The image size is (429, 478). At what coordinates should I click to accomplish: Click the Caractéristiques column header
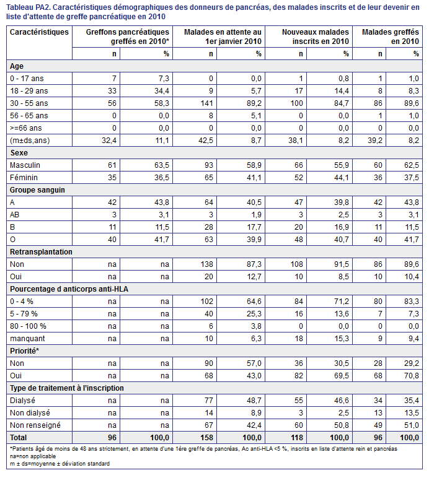tap(39, 32)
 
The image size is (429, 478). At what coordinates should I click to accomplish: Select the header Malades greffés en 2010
tap(390, 37)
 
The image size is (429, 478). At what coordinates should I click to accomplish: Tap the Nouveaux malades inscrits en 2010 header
tap(316, 37)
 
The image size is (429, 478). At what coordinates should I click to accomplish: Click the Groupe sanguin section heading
tap(37, 190)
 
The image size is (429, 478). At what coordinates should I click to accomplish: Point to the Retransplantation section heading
tap(41, 252)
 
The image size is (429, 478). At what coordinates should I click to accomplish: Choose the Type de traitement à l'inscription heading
tap(67, 388)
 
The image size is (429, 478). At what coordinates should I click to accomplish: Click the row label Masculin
tap(25, 165)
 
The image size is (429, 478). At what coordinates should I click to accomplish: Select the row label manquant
tap(27, 339)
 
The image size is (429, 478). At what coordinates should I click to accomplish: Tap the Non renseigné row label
tap(35, 425)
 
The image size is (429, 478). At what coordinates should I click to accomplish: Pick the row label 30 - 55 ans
tap(29, 103)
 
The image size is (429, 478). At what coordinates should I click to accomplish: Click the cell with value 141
tap(206, 103)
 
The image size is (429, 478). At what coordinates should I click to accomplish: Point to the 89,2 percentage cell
tap(254, 103)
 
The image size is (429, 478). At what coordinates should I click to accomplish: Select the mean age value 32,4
tap(109, 141)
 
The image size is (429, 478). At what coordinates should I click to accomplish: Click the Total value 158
tap(206, 438)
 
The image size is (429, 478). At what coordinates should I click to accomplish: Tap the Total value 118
tap(296, 438)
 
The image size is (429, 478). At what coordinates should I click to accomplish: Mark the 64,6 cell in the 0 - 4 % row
tap(254, 302)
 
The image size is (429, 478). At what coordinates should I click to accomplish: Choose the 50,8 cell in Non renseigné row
tap(342, 425)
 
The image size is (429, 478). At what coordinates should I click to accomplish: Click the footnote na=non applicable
tap(33, 456)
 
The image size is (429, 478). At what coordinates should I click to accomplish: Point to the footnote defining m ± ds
tap(60, 464)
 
